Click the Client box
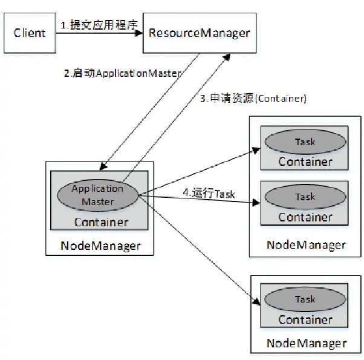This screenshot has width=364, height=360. click(x=30, y=32)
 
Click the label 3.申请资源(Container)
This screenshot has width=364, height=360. click(x=253, y=98)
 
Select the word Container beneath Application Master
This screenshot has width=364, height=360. click(x=101, y=222)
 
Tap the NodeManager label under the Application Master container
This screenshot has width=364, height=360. click(x=100, y=246)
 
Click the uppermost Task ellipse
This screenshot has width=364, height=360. click(x=305, y=142)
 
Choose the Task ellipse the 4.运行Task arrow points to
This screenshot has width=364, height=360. click(x=305, y=197)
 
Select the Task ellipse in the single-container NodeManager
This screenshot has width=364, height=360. click(x=305, y=299)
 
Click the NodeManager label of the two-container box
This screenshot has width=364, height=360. click(x=306, y=245)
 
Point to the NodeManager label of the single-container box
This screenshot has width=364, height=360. click(x=306, y=343)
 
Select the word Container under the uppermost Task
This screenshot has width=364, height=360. click(x=305, y=162)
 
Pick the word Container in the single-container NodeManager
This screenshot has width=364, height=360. click(x=305, y=319)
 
